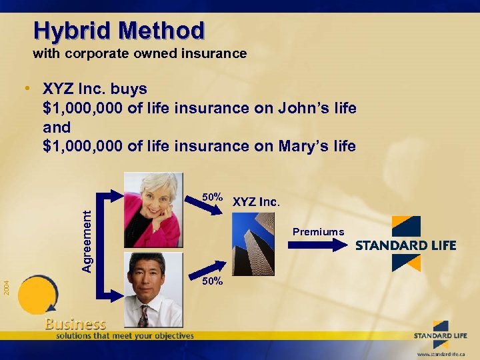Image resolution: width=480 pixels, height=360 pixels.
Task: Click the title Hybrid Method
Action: tap(119, 31)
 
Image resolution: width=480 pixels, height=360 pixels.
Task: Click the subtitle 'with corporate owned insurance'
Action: tap(140, 53)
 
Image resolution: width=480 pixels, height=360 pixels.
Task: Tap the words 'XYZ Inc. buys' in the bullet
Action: tap(95, 89)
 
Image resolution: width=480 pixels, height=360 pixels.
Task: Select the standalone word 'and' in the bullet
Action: tap(56, 127)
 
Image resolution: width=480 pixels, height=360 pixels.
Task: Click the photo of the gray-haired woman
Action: tap(153, 209)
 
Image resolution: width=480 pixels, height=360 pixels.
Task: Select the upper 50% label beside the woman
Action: tap(213, 197)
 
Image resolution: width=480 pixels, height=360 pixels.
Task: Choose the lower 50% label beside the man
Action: tap(213, 281)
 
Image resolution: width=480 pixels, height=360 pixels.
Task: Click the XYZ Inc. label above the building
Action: tap(257, 201)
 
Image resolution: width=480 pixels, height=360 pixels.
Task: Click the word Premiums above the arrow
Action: tap(318, 232)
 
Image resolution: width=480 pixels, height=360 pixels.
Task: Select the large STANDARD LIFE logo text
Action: tap(405, 245)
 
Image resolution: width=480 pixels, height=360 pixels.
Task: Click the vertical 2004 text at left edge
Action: tap(5, 287)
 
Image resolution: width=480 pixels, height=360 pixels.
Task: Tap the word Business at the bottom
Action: tap(75, 324)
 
